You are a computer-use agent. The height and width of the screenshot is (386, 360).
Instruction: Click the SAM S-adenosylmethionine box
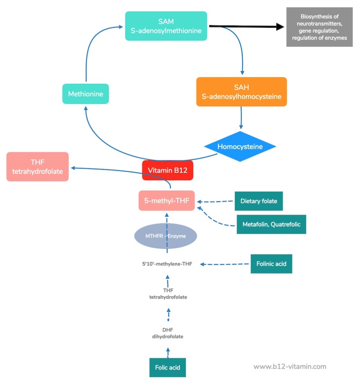166,26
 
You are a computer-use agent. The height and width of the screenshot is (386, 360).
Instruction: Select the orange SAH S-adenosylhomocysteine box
242,92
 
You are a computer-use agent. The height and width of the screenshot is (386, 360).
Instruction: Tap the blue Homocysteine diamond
240,146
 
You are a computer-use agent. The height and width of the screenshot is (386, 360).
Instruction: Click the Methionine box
85,94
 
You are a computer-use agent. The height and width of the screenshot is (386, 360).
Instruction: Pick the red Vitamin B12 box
168,170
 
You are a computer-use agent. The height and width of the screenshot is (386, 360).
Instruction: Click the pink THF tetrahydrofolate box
37,167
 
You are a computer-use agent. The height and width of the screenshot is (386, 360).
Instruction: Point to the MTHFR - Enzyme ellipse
166,236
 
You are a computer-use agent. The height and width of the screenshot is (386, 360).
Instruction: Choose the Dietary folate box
258,201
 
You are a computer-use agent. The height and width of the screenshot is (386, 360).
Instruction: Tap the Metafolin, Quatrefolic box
271,224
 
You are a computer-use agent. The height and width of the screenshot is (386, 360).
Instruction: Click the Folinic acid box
271,263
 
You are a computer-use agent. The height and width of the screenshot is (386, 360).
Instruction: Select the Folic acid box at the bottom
168,367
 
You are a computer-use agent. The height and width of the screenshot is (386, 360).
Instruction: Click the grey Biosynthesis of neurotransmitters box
319,27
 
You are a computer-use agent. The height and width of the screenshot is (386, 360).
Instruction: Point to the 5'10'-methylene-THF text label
165,264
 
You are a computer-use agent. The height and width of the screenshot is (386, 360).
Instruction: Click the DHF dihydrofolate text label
168,333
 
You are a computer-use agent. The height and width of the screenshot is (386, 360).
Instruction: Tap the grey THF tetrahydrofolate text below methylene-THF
168,294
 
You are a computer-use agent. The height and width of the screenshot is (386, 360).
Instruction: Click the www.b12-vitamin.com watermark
289,366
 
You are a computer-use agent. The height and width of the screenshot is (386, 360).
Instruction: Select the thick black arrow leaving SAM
245,26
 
